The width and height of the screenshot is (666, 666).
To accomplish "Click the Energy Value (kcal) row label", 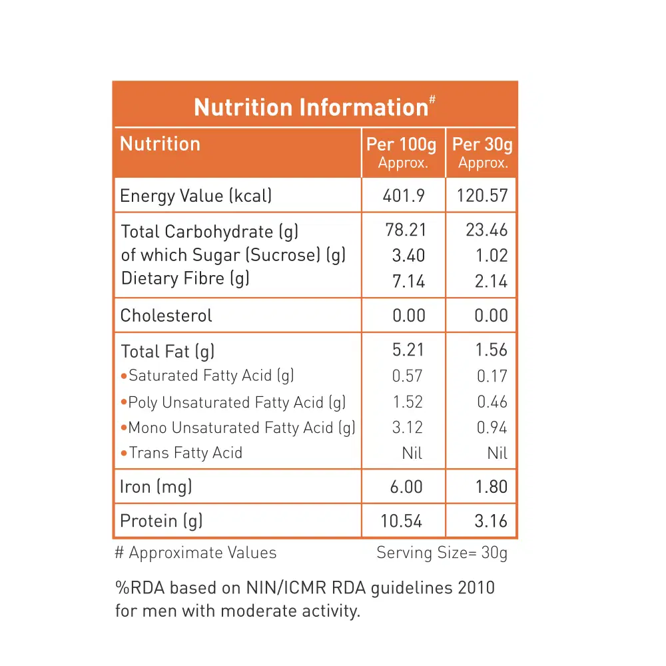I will point(196,196).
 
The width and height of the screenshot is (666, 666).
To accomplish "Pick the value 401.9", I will point(404,196).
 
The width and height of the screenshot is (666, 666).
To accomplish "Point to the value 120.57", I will point(483,196).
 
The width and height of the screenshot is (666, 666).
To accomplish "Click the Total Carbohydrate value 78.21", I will point(405,230).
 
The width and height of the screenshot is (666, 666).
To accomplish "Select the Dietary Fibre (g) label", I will point(185,278).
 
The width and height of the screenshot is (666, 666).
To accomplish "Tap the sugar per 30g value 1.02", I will point(492,256).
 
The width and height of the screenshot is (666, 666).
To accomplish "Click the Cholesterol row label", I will point(166,316).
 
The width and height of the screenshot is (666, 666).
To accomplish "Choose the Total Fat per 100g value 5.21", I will point(408,350).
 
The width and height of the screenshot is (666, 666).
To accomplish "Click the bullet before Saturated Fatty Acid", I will point(124,376).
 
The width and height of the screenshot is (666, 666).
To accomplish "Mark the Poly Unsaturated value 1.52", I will point(408,402).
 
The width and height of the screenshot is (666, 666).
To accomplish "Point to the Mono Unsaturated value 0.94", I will point(492,428).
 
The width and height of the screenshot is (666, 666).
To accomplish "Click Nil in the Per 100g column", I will point(412,454).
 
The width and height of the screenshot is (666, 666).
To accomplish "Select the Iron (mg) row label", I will point(156,487).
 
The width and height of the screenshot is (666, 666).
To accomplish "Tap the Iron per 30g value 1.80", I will point(492,487).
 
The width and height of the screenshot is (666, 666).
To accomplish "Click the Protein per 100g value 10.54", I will point(402,521).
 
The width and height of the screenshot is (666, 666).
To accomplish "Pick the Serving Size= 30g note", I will point(442,553).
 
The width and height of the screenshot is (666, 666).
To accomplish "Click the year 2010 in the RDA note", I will point(476,588).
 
